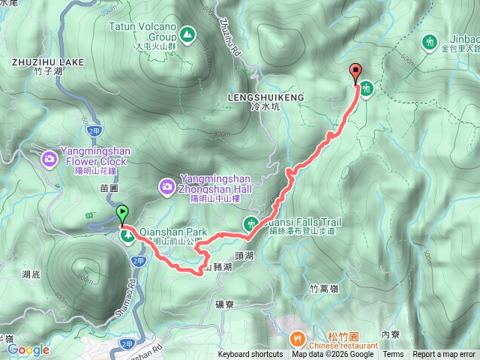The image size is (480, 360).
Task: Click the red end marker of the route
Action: (x=355, y=73)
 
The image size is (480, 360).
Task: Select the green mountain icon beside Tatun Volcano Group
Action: (x=186, y=33)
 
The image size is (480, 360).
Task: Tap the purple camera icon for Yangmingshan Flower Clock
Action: (x=49, y=158)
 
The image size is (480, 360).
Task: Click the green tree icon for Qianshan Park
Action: (x=128, y=236)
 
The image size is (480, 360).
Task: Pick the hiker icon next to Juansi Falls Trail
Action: (x=250, y=223)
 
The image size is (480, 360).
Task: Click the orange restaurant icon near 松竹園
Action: (x=298, y=338)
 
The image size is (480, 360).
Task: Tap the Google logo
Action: (x=28, y=349)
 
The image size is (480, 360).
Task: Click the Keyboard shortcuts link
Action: (x=250, y=355)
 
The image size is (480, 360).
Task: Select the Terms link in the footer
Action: (x=393, y=355)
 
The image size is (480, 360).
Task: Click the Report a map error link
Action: (x=444, y=355)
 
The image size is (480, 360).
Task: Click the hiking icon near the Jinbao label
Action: (x=430, y=42)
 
